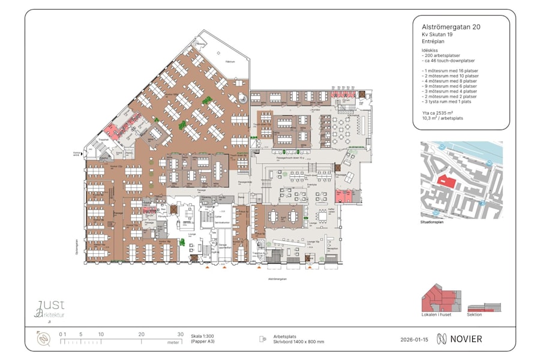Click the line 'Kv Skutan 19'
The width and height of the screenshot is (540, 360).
coord(438,35)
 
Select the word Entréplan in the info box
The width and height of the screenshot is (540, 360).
coord(434,43)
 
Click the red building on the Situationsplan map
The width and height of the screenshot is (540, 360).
coord(446,180)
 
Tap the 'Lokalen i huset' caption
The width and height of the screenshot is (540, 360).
coord(437,314)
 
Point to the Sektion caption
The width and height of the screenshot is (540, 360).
coord(474,314)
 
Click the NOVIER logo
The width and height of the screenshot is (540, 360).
coord(459,339)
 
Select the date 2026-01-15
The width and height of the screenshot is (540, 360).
coord(415,339)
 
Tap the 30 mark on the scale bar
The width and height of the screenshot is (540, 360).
coord(180,334)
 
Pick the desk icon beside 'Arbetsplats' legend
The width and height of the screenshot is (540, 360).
coord(262,339)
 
